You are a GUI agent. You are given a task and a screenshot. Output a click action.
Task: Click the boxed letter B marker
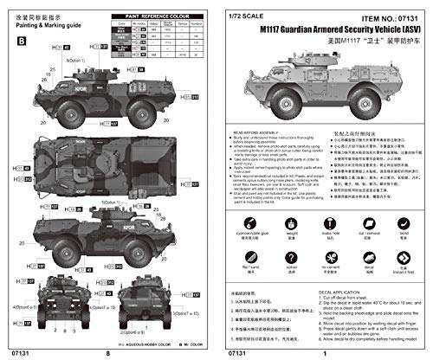(x=21, y=37)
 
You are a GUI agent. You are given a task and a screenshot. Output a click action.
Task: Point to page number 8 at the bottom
(x=108, y=352)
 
